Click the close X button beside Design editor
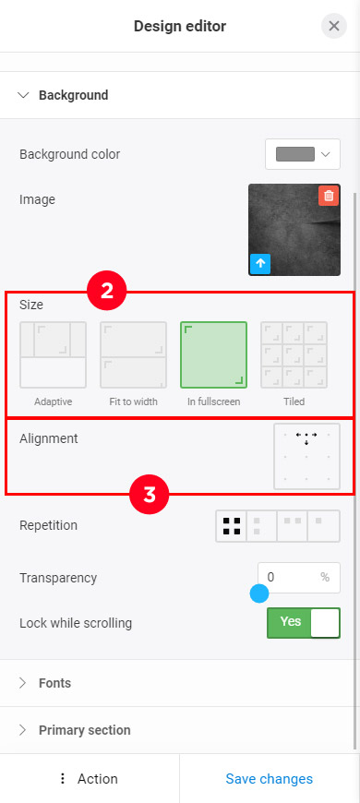334,26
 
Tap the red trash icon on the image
329,196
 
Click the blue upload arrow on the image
260,264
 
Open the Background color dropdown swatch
303,154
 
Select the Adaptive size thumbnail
54,354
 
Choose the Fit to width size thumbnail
133,354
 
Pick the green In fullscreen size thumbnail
213,354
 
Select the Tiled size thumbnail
294,354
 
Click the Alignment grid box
306,456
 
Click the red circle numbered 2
107,292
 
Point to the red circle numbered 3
149,496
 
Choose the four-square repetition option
232,526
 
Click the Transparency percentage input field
299,578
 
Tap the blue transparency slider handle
259,594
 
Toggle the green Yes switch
304,623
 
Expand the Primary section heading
75,730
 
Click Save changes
270,779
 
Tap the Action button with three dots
89,779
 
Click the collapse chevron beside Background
23,95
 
